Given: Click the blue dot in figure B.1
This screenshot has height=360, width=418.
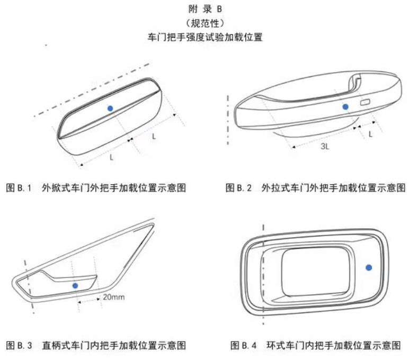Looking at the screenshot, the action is (x=110, y=108).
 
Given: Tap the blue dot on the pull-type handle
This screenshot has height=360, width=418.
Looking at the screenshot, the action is (x=345, y=107).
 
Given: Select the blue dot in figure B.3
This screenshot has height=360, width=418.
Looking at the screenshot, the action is (x=75, y=286).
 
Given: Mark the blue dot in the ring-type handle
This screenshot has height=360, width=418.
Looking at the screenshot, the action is (x=369, y=267).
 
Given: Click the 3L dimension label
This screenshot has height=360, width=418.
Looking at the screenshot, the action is (x=325, y=146).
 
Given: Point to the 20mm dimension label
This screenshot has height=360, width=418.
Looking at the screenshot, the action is (x=114, y=297).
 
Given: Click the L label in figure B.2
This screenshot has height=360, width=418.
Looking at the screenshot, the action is (x=370, y=134).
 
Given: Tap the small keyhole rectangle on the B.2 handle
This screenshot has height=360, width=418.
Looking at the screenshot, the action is (x=365, y=102).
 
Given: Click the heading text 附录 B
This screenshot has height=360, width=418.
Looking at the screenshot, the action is (x=205, y=9).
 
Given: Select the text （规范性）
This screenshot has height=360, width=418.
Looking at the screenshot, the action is (x=205, y=23).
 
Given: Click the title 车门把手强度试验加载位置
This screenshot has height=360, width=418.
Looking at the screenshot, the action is (x=205, y=37).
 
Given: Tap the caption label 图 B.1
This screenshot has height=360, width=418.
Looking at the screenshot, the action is (x=19, y=188).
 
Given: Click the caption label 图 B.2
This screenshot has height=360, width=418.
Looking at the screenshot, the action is (x=238, y=188).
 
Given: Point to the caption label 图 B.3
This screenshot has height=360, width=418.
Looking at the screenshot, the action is (x=19, y=345).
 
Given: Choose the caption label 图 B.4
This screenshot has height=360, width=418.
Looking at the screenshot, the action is (x=243, y=345).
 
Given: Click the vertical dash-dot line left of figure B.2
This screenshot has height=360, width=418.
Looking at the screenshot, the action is (x=228, y=120).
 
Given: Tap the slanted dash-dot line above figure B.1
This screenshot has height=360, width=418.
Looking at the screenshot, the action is (x=92, y=90).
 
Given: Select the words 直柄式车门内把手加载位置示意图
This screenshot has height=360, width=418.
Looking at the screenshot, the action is (x=114, y=345).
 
